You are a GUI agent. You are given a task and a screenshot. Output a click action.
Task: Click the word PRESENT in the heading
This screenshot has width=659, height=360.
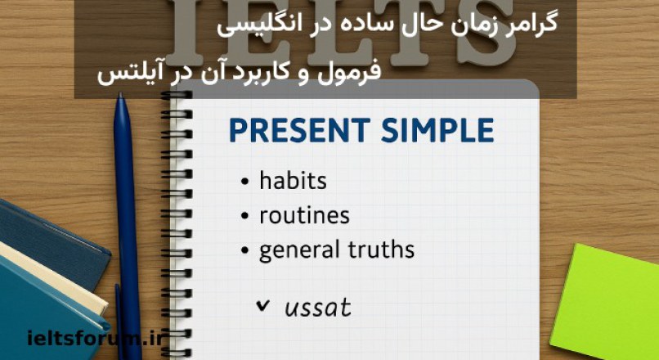click(x=292, y=132)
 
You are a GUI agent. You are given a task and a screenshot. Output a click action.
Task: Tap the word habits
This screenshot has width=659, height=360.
click(x=293, y=181)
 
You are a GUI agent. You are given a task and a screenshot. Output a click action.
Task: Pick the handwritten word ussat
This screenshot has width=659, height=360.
click(x=318, y=308)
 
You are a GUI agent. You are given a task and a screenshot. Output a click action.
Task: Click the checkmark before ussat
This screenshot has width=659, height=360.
click(x=262, y=306)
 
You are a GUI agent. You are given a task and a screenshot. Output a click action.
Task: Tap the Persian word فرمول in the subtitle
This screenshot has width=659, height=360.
click(x=352, y=73)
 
